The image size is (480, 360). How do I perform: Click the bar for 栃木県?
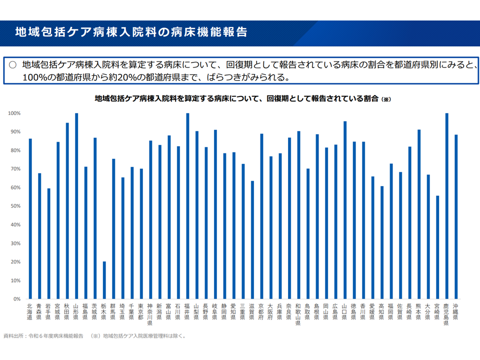[x=104, y=280]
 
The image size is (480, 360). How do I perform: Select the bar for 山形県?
[x=76, y=206]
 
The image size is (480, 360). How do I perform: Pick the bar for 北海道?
[x=30, y=219]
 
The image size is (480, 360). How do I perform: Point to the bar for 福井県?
[x=187, y=206]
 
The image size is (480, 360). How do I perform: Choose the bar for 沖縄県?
[x=456, y=217]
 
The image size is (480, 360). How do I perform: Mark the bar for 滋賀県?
[x=252, y=240]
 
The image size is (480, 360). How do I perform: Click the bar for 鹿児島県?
[x=446, y=206]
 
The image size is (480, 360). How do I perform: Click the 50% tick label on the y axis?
[x=13, y=206]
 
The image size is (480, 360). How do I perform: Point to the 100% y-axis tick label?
[x=13, y=113]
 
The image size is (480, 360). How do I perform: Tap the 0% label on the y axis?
[x=16, y=299]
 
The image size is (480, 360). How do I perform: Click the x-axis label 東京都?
[x=141, y=311]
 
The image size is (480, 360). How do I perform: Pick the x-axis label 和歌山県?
[x=298, y=314]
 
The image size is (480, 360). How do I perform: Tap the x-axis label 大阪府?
[x=270, y=311]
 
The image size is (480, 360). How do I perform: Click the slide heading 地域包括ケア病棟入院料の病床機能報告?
[x=131, y=32]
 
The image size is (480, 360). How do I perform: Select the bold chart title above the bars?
[x=237, y=99]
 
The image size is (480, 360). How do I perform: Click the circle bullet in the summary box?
[x=12, y=64]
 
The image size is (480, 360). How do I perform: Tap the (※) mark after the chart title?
[x=385, y=99]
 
